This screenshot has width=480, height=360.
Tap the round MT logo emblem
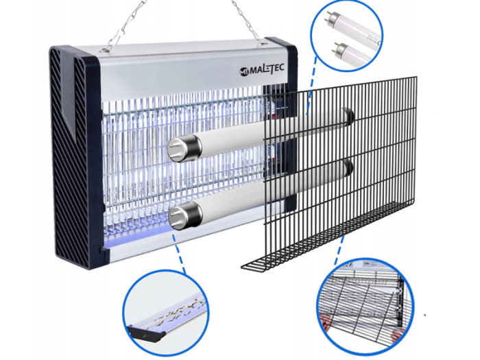pyautogui.click(x=244, y=71)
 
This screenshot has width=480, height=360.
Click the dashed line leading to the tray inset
pyautogui.click(x=180, y=254)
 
